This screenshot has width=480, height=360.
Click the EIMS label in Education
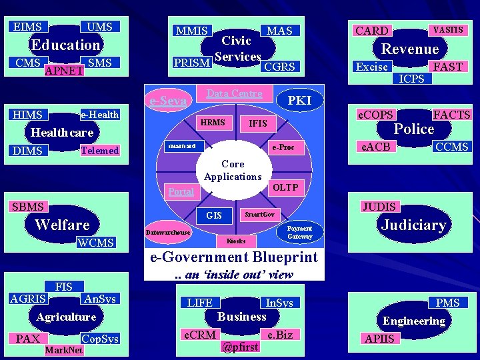click(x=27, y=27)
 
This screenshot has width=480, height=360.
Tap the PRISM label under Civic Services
click(x=192, y=63)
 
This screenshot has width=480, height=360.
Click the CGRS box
click(x=279, y=66)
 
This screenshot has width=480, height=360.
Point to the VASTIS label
click(x=448, y=30)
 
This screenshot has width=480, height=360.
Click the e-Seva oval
click(x=168, y=101)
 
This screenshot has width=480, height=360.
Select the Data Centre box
click(x=235, y=93)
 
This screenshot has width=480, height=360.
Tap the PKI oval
click(x=299, y=100)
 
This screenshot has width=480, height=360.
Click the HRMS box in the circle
click(x=213, y=123)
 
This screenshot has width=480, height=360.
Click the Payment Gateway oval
click(x=299, y=232)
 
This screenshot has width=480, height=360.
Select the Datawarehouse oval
click(x=168, y=233)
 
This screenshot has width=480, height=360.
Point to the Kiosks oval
click(x=236, y=240)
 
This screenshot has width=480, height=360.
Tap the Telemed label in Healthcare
click(x=99, y=151)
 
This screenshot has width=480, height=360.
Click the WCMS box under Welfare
click(x=96, y=243)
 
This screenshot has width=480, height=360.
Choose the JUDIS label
click(x=379, y=207)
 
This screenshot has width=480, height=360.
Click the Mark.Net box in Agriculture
click(x=63, y=350)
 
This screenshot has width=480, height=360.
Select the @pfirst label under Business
click(x=239, y=347)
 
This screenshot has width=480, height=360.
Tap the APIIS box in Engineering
click(x=380, y=339)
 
